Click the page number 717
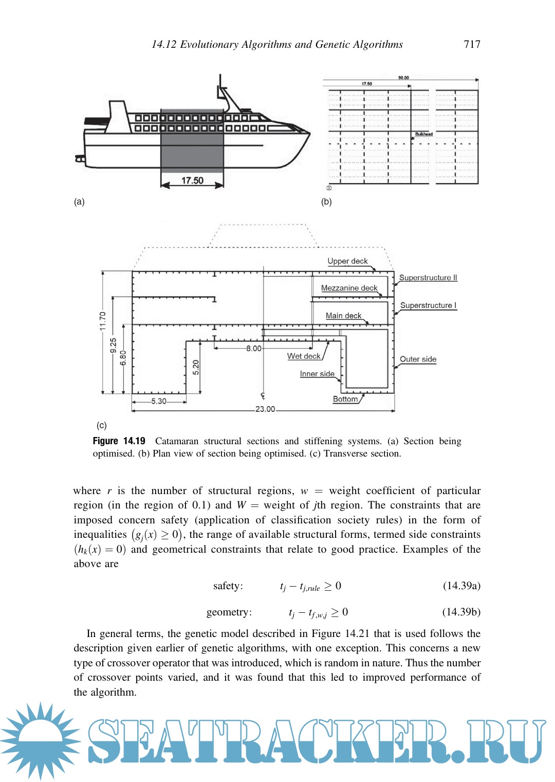472,44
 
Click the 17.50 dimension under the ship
192,180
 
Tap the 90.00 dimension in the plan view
403,78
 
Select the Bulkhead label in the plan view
424,134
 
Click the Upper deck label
347,261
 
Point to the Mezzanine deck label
349,288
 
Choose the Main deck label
343,316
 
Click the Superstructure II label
428,278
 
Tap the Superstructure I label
428,305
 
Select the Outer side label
418,359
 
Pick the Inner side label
317,374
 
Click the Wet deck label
304,356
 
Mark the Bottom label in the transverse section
345,399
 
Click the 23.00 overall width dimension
265,409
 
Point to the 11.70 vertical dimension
103,321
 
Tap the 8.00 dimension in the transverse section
253,349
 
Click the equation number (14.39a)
461,586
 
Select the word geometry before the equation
229,612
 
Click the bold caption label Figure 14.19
119,441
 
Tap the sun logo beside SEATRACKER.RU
40,741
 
